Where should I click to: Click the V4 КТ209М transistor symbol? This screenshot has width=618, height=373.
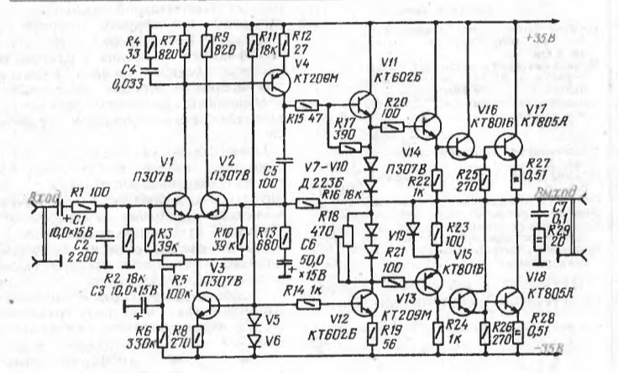(278, 83)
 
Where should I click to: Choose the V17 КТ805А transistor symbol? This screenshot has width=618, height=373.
(507, 148)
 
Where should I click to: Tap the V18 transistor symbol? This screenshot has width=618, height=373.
(507, 302)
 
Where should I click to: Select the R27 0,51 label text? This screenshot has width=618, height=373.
(537, 168)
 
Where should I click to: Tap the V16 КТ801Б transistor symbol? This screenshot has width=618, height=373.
(461, 147)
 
